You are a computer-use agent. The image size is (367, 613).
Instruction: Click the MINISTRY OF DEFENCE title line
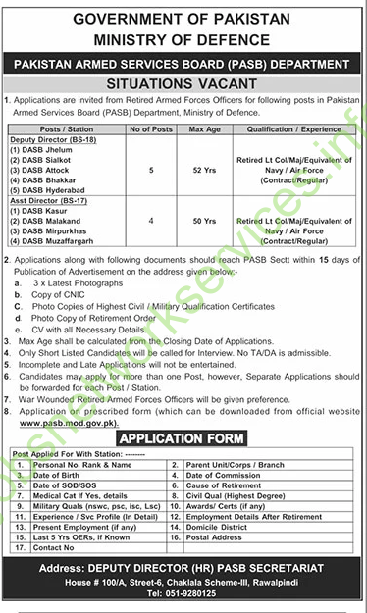pos(183,39)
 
